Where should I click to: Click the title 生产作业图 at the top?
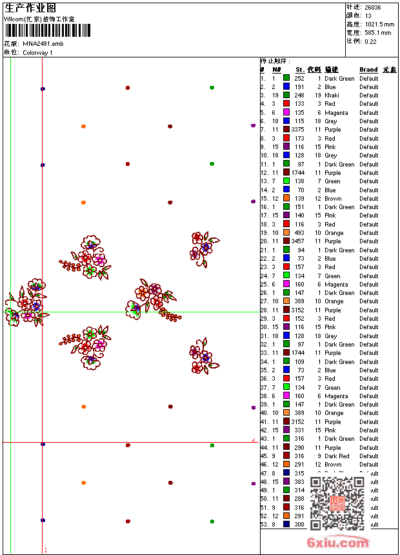[30, 8]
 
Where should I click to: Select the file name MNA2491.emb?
[43, 43]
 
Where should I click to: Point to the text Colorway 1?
[38, 52]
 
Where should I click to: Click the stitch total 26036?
[372, 7]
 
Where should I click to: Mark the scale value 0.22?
[370, 41]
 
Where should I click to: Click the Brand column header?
[368, 70]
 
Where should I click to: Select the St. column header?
[300, 70]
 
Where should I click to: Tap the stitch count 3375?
[297, 130]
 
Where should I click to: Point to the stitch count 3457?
[297, 241]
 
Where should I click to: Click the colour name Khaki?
[332, 96]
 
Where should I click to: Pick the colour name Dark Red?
[337, 456]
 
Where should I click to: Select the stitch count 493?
[299, 233]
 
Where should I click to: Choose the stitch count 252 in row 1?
[299, 79]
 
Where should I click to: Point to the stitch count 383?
[299, 482]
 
